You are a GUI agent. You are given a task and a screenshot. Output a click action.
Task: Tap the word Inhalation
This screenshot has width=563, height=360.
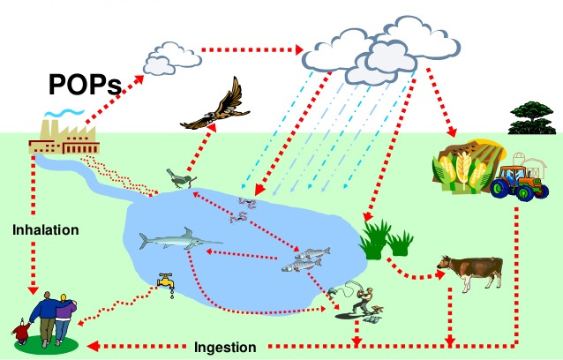coord(46,230)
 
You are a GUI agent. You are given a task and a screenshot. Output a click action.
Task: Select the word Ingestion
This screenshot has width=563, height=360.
coord(225,346)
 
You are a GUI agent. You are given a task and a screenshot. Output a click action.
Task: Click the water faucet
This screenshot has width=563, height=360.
coord(163,282)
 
